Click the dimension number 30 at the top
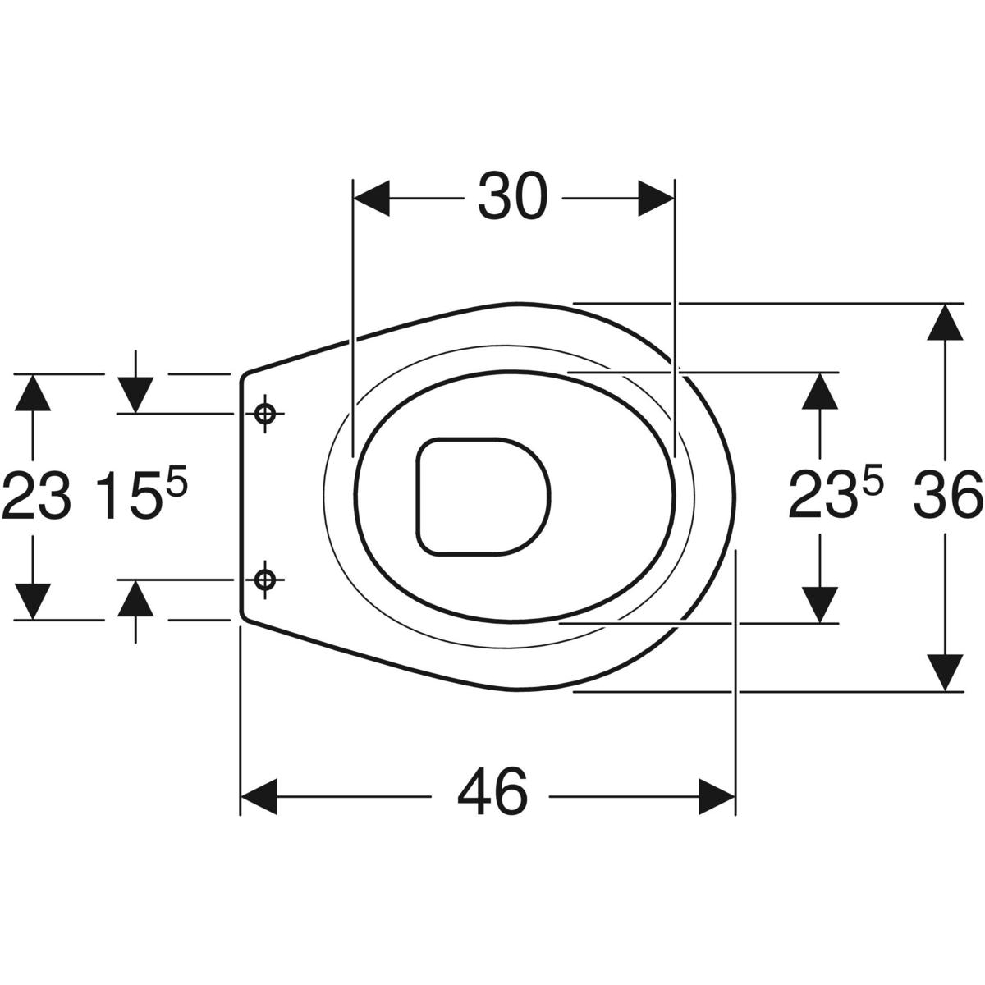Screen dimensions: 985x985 [x=512, y=197]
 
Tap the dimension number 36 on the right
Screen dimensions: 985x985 [x=948, y=495]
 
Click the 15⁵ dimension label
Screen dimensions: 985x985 [x=141, y=494]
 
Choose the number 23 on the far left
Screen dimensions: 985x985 [x=37, y=495]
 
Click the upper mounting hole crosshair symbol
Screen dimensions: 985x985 [x=265, y=414]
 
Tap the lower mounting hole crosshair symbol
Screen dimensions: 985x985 [x=265, y=580]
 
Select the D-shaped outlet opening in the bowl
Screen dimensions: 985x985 [x=483, y=497]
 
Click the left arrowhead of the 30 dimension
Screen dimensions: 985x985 [x=372, y=198]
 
